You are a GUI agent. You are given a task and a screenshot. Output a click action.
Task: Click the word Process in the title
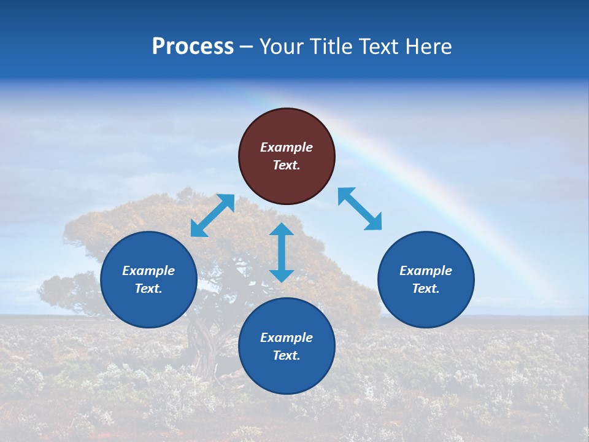point(193,47)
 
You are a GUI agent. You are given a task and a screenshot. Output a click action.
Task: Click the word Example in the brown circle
point(287,147)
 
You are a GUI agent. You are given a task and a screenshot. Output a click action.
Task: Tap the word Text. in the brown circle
point(287,165)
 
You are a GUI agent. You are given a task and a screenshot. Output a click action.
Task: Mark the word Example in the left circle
point(148,271)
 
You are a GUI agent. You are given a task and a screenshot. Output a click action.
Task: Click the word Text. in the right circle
point(426,289)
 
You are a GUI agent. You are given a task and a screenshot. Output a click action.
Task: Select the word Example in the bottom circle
point(287,338)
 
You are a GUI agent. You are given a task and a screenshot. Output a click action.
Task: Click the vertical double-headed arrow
point(282,252)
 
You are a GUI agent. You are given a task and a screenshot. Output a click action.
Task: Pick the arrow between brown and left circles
point(212,215)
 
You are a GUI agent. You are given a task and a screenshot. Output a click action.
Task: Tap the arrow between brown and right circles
point(360,209)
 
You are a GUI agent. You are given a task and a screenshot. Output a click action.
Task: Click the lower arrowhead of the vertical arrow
point(282,275)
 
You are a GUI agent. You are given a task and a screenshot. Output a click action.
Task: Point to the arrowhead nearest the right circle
point(374,223)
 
